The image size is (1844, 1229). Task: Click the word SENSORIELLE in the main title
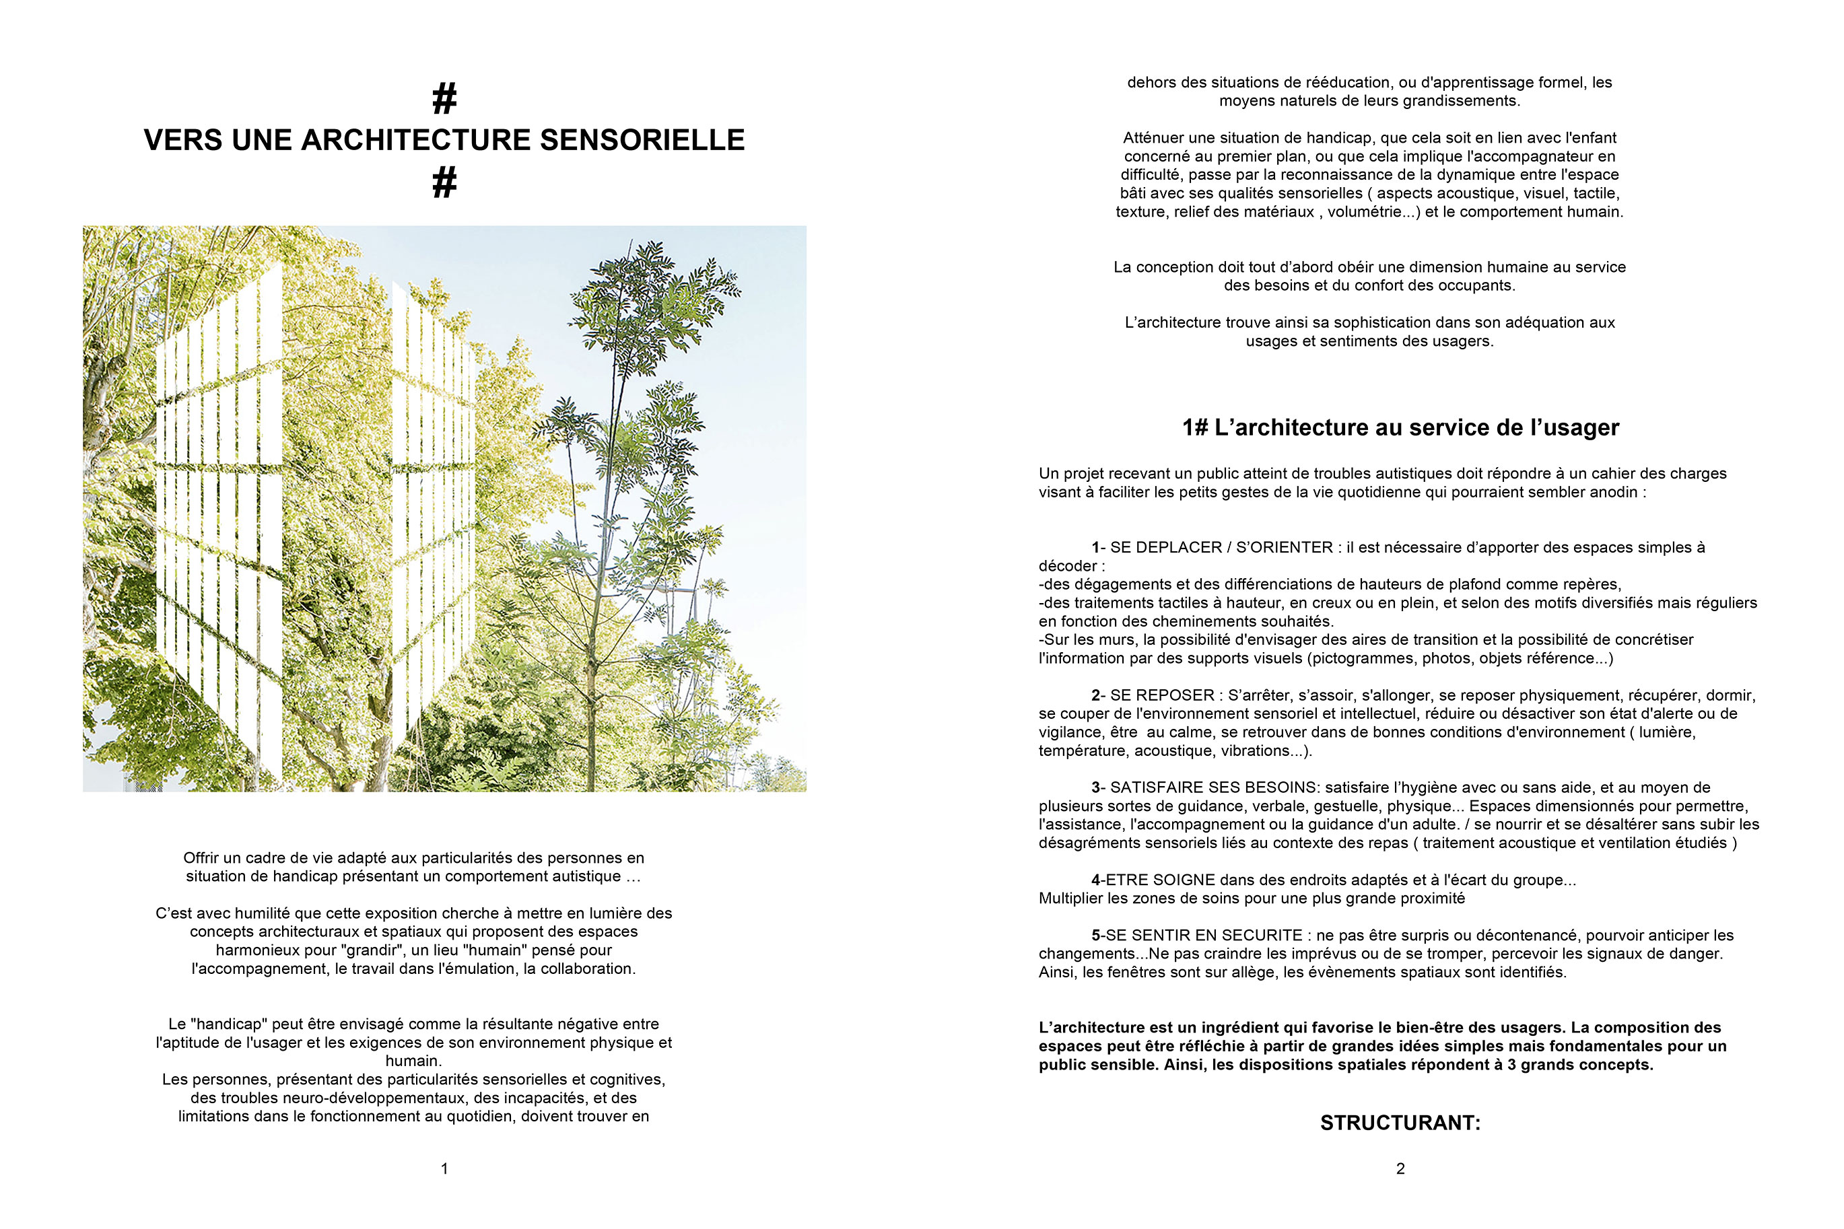click(642, 140)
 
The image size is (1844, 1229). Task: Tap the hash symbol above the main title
click(444, 100)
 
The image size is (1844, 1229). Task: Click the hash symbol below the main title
click(444, 182)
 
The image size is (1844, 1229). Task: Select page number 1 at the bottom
click(444, 1168)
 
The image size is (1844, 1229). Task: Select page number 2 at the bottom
click(1400, 1168)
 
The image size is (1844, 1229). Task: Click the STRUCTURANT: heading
click(1400, 1123)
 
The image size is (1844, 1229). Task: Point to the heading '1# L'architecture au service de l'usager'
click(1400, 427)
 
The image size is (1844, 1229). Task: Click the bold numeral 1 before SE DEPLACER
click(1095, 548)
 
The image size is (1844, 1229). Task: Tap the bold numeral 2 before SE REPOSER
click(1096, 695)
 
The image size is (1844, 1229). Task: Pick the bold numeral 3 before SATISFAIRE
click(1096, 787)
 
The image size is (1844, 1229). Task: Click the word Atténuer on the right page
click(1153, 138)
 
